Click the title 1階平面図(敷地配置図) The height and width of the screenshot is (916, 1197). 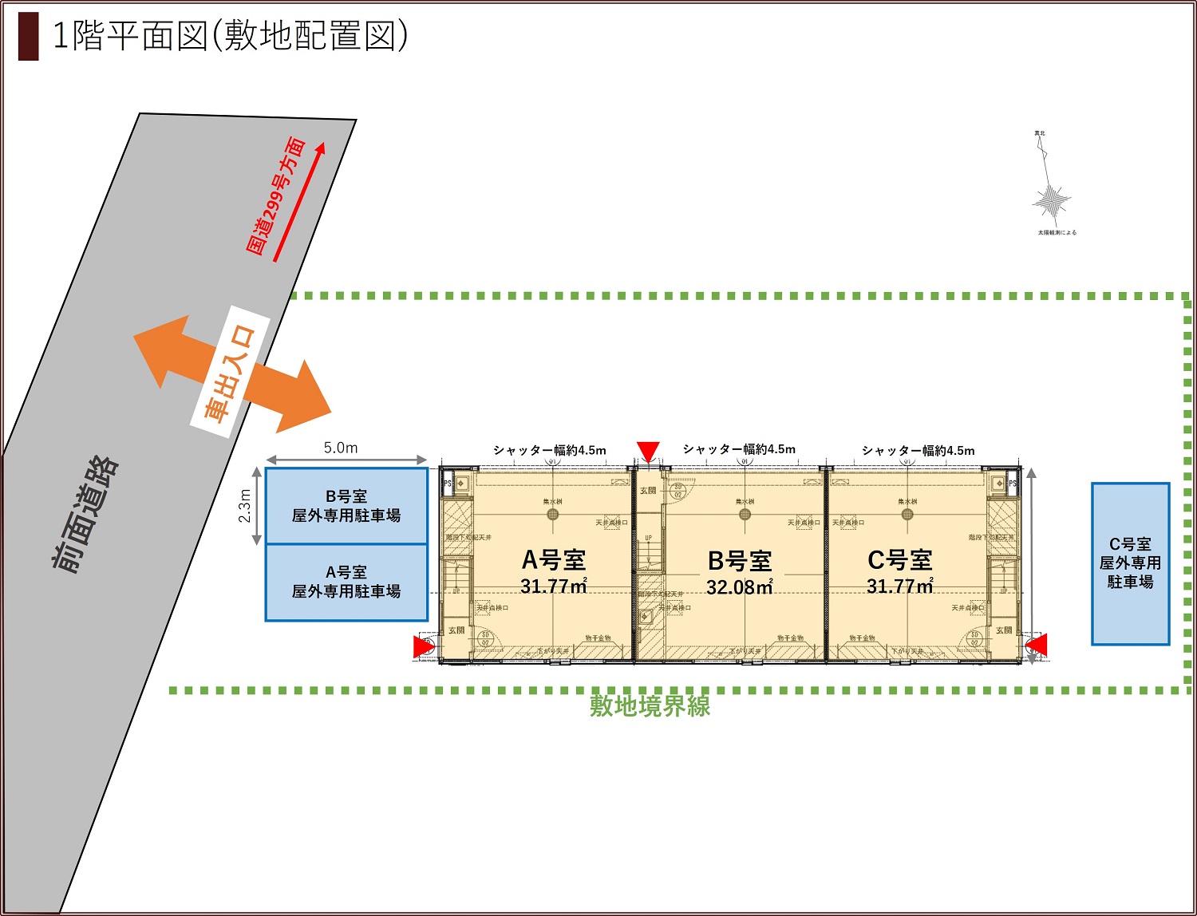tap(230, 36)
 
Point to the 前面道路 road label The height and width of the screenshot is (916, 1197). tap(86, 515)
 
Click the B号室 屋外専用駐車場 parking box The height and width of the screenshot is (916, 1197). tap(346, 506)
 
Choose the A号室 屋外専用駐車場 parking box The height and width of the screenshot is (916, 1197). tap(346, 582)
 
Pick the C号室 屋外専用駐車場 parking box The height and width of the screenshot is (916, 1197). tap(1130, 563)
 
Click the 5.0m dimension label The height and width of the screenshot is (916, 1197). tap(341, 448)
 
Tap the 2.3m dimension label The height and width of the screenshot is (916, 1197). tap(245, 506)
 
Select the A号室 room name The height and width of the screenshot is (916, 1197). tap(554, 560)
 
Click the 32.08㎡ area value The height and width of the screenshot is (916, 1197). tap(740, 587)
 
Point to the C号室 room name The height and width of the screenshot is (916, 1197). tap(900, 560)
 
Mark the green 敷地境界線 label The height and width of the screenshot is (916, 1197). tap(650, 706)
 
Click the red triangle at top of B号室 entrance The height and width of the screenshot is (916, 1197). tap(648, 452)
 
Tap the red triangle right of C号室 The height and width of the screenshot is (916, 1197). tap(1036, 645)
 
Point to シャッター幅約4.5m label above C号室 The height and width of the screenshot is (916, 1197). tap(918, 450)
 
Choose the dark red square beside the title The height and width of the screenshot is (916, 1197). tap(28, 37)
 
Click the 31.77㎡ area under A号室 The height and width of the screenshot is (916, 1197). tap(554, 586)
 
